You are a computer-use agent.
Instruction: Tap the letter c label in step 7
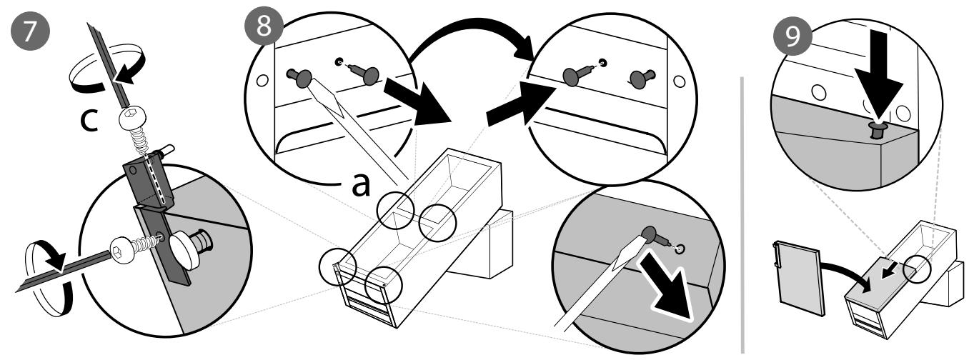point(89,121)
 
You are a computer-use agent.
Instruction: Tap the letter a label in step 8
point(361,186)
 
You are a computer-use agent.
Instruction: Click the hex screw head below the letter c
point(131,118)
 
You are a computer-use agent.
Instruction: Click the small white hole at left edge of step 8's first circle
point(262,80)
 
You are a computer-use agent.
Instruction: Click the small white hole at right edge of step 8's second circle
point(679,81)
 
